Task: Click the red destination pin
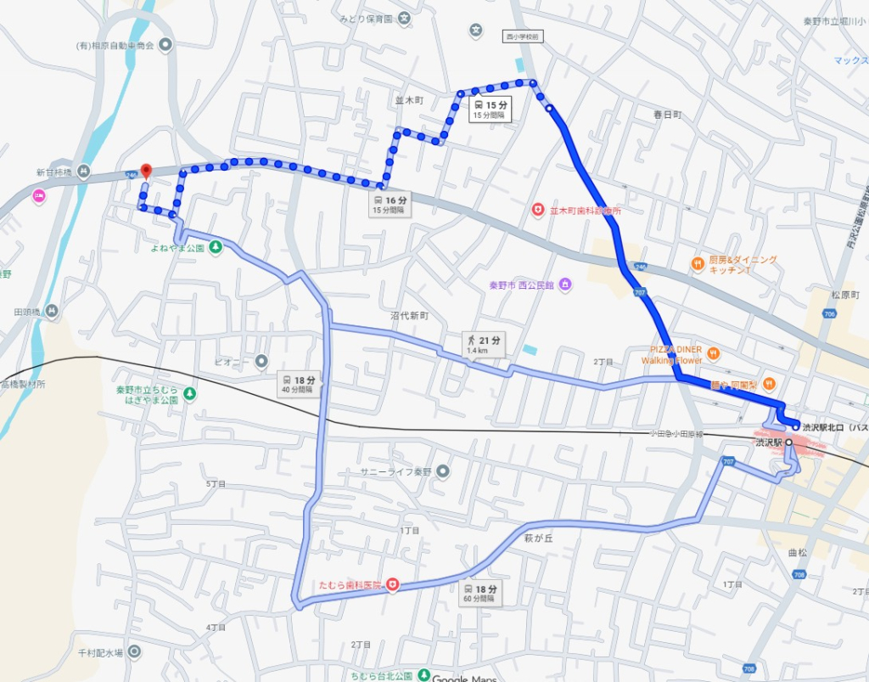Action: (145, 172)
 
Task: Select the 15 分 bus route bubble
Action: (490, 109)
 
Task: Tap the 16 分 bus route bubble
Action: (390, 205)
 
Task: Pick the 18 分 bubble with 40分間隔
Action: (300, 384)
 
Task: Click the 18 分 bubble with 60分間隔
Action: (480, 593)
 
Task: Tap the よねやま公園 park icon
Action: (216, 248)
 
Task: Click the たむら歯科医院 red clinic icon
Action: (392, 584)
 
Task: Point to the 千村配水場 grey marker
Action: (134, 652)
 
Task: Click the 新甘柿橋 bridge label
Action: (51, 172)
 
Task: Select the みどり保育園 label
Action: (366, 19)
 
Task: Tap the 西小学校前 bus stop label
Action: (522, 37)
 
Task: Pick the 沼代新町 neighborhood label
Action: (410, 315)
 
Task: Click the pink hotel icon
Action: (38, 196)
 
